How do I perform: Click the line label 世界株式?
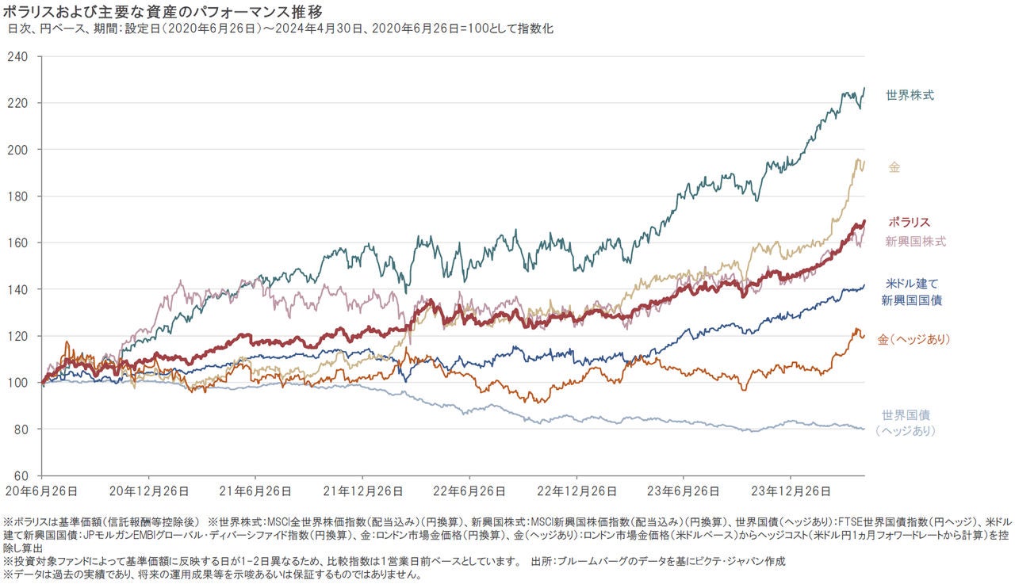pyautogui.click(x=910, y=96)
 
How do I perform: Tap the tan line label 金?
pyautogui.click(x=894, y=168)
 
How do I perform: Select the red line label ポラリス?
pyautogui.click(x=909, y=223)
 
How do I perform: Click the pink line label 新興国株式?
pyautogui.click(x=915, y=241)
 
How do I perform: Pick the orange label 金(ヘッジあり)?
pyautogui.click(x=913, y=339)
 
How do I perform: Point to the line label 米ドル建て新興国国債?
pyautogui.click(x=911, y=292)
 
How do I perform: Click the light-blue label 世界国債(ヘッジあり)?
pyautogui.click(x=906, y=423)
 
